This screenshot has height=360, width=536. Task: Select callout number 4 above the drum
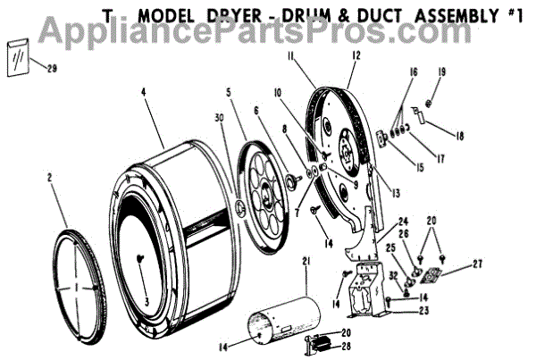142,91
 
